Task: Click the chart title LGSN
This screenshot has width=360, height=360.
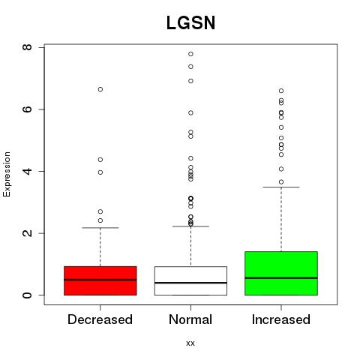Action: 190,22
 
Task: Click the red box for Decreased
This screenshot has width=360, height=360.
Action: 100,280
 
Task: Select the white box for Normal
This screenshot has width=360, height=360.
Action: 190,280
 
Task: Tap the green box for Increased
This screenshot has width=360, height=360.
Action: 281,273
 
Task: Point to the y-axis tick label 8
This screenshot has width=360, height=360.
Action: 27,47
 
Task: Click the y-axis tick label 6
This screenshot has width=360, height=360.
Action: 27,109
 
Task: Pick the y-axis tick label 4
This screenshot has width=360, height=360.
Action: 27,171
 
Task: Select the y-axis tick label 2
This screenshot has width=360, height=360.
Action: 27,233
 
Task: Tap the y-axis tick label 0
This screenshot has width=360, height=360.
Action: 27,295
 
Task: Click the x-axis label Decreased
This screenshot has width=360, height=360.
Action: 100,319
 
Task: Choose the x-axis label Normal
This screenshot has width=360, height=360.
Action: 190,319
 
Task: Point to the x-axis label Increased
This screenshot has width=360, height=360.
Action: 281,319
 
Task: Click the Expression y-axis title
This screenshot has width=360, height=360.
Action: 7,174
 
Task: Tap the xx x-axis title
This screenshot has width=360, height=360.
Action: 190,343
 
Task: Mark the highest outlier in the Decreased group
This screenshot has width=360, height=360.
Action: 100,89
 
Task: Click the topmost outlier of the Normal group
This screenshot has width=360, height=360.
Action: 190,54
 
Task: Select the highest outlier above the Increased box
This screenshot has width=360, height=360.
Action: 281,91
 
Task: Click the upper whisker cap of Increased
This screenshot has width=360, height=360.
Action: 281,187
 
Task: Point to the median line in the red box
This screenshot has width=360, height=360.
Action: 100,280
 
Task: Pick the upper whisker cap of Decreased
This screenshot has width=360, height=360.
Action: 100,228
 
